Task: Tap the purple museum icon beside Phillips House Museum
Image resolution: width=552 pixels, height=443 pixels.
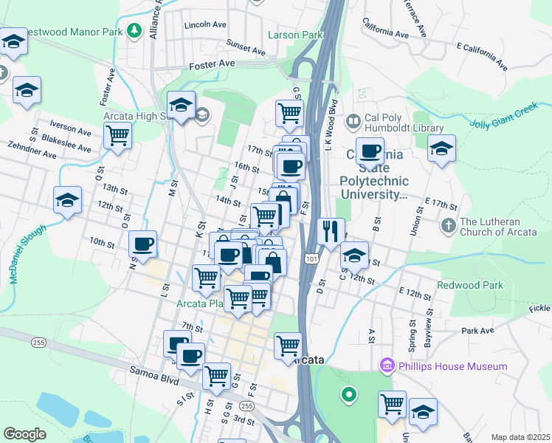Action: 386,365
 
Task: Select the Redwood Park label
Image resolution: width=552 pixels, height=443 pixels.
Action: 469,285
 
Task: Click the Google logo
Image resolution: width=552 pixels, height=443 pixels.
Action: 24,434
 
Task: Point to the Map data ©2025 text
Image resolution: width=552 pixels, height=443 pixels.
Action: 520,437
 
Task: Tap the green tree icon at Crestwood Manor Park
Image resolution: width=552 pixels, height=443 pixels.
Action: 134,30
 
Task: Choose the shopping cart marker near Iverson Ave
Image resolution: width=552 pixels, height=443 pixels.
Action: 117,135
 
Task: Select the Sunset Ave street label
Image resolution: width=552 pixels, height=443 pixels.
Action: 246,48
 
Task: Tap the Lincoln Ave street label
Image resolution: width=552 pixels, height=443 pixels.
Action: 206,24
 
